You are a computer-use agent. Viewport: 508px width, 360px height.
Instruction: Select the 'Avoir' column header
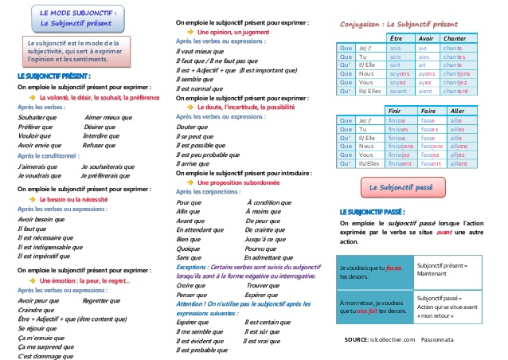426,38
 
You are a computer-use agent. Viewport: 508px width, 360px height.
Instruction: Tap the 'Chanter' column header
455,38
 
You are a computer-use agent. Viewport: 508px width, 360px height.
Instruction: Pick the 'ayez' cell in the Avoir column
425,83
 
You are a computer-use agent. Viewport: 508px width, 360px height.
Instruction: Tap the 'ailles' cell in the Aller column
457,128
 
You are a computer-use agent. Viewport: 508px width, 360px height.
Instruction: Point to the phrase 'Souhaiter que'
37,117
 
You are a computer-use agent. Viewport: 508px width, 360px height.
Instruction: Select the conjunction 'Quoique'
188,248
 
